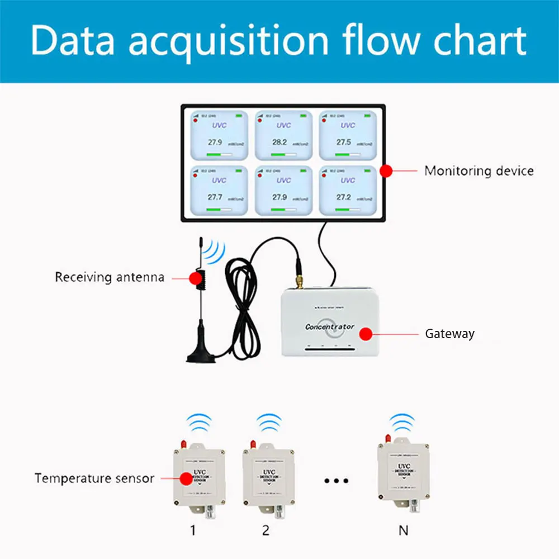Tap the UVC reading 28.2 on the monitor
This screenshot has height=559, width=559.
pyautogui.click(x=279, y=143)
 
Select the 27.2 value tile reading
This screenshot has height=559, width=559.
pyautogui.click(x=344, y=197)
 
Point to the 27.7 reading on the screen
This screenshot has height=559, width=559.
pyautogui.click(x=215, y=197)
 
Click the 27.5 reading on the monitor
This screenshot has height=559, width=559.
pyautogui.click(x=344, y=143)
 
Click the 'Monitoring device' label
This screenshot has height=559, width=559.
pyautogui.click(x=479, y=170)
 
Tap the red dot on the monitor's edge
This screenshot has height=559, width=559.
pyautogui.click(x=386, y=171)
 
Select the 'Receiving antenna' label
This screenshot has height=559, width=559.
pyautogui.click(x=110, y=277)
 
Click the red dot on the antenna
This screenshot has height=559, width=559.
pyautogui.click(x=195, y=277)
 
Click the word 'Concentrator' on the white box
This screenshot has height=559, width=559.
pyautogui.click(x=330, y=326)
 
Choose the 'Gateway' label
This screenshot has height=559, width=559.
pyautogui.click(x=449, y=334)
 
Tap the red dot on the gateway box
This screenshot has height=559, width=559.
pyautogui.click(x=365, y=334)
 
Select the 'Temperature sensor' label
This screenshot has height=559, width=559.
pyautogui.click(x=94, y=479)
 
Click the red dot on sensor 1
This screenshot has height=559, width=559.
pyautogui.click(x=185, y=479)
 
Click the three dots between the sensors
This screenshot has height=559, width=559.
pyautogui.click(x=337, y=480)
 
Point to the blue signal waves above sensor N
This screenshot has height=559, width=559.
pyautogui.click(x=402, y=423)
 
